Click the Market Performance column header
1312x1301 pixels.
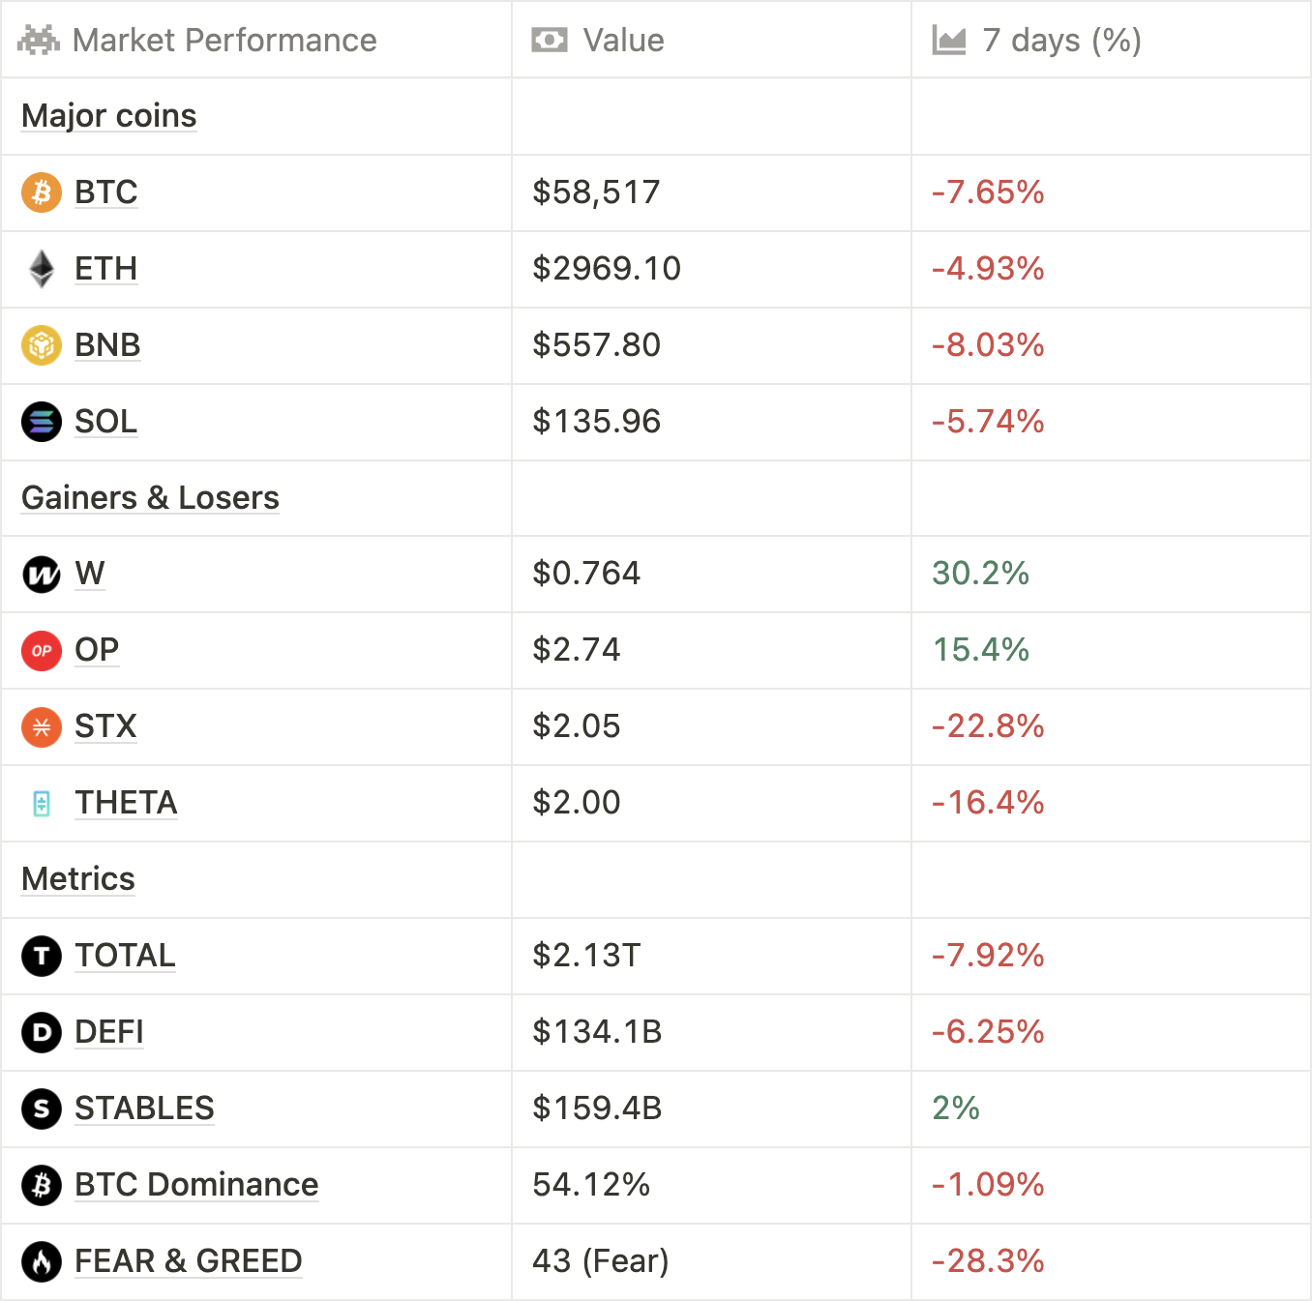tap(224, 41)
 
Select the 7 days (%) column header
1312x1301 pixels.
tap(1061, 41)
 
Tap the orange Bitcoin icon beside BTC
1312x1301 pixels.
tap(42, 192)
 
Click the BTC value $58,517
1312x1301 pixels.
tap(596, 192)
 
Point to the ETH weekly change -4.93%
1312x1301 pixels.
tap(988, 269)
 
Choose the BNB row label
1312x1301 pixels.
tap(107, 345)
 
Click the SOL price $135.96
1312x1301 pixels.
tap(596, 422)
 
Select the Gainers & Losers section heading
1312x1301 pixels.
tap(150, 498)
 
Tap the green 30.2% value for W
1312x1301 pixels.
tap(980, 574)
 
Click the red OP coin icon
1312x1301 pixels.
tap(42, 650)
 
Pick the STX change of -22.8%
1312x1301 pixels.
tap(988, 726)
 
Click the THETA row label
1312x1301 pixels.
tap(126, 803)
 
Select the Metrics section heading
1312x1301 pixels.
tap(78, 879)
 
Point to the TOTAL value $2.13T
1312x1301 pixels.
tap(586, 956)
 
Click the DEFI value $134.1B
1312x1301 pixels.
tap(597, 1032)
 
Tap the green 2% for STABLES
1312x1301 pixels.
tap(956, 1109)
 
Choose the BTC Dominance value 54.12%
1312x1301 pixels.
tap(591, 1185)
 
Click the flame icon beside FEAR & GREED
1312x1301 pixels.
tap(42, 1261)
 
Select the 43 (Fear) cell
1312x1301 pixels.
tap(600, 1261)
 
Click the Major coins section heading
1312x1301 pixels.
tap(109, 116)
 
